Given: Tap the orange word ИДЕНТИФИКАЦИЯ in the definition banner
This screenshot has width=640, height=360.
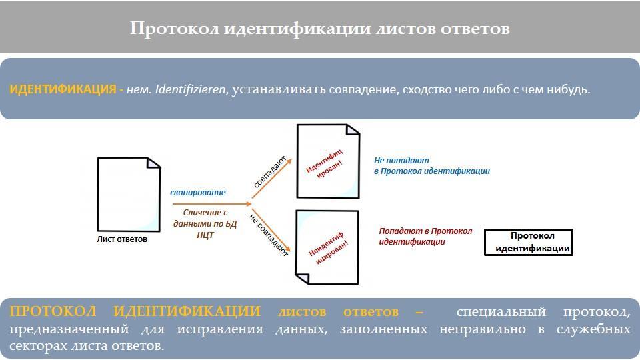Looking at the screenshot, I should (63, 89).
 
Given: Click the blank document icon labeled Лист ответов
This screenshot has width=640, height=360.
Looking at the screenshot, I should (128, 194).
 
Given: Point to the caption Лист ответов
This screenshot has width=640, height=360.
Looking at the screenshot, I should (122, 239).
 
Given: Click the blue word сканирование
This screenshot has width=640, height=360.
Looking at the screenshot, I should (198, 193).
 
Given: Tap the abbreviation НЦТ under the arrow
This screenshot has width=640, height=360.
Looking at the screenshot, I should (205, 235).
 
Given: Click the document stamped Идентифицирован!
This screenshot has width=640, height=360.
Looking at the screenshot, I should (327, 161).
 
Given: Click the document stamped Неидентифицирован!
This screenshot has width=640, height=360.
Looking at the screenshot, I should (326, 246).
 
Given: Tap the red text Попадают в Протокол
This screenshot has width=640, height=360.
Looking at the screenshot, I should (425, 231).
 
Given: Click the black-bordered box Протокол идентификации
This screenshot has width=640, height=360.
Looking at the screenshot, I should (528, 242).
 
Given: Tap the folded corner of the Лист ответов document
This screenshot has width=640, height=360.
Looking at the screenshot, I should (154, 163).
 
